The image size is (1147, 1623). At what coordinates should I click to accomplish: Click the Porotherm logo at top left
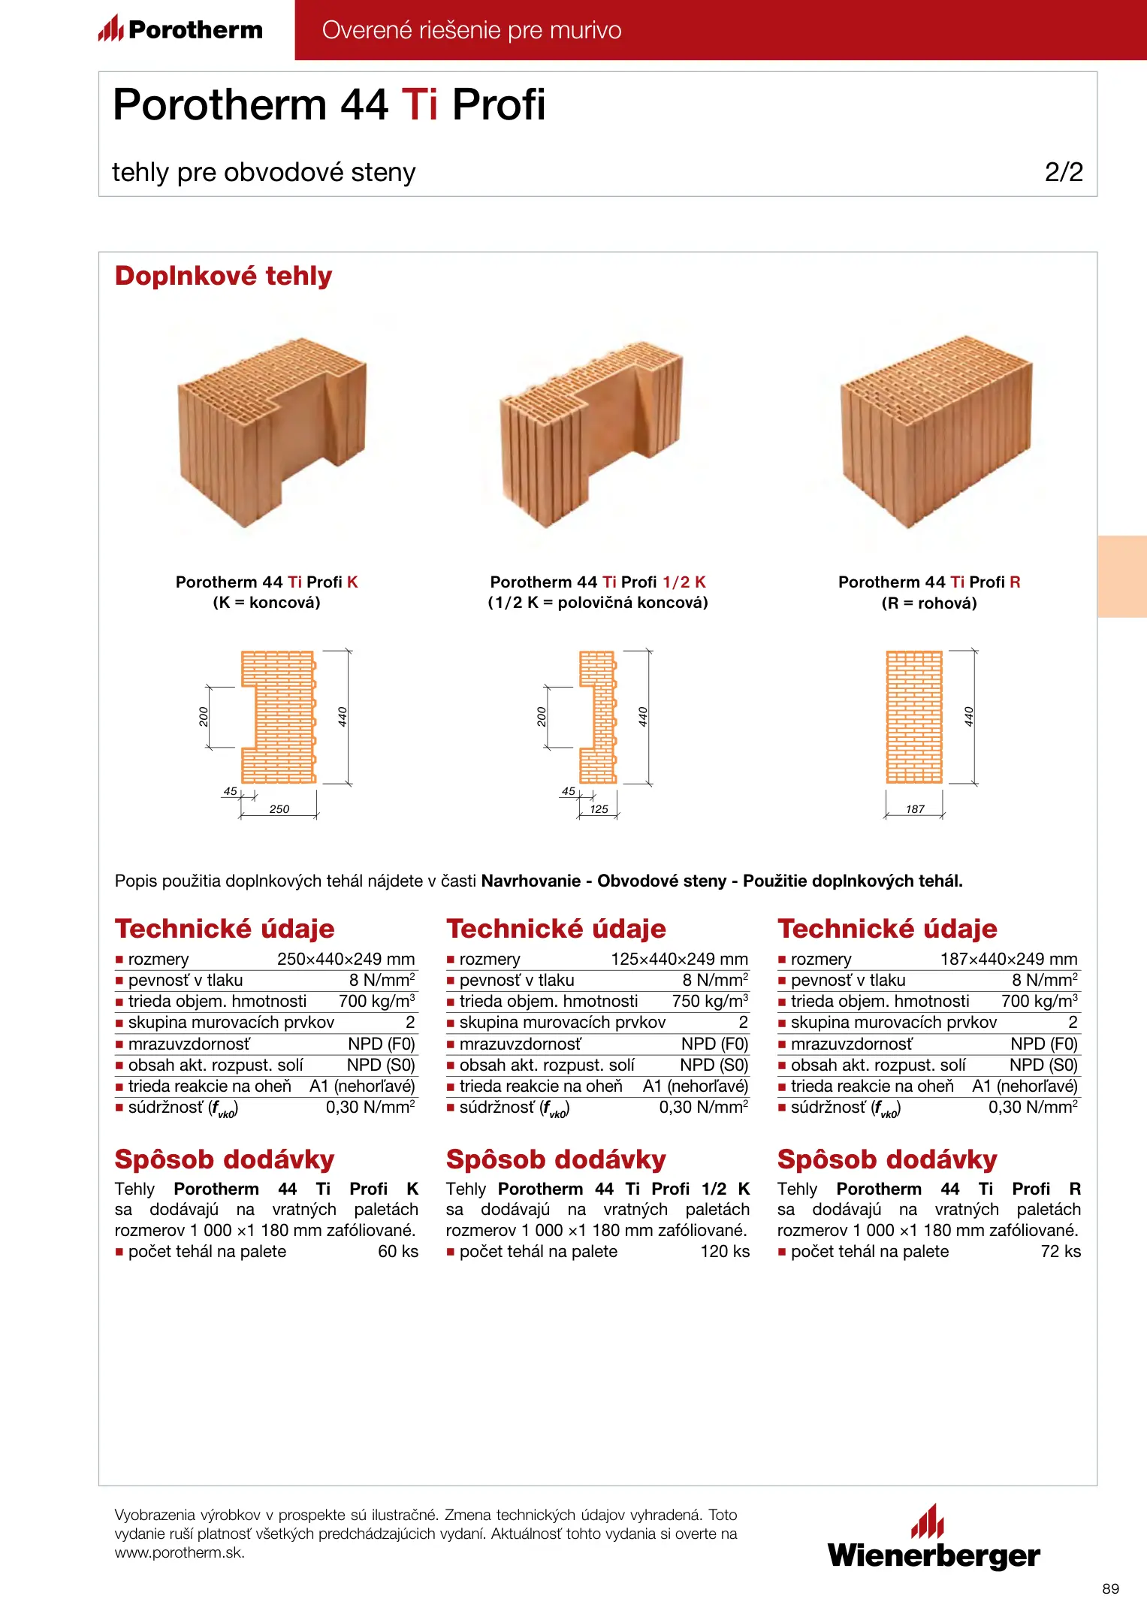pyautogui.click(x=180, y=29)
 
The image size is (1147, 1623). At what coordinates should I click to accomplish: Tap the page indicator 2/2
pyautogui.click(x=1064, y=172)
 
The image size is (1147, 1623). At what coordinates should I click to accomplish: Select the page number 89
pyautogui.click(x=1110, y=1588)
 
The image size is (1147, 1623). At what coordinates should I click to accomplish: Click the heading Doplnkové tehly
pyautogui.click(x=223, y=276)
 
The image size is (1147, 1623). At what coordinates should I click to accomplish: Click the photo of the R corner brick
pyautogui.click(x=936, y=432)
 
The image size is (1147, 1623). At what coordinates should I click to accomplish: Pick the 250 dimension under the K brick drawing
pyautogui.click(x=279, y=809)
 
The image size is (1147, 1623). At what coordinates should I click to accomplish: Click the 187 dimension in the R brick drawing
pyautogui.click(x=915, y=809)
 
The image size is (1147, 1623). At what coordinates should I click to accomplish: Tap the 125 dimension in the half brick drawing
pyautogui.click(x=599, y=809)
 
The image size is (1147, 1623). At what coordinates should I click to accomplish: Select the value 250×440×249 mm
pyautogui.click(x=346, y=960)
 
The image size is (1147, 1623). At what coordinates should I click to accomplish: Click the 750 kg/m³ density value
pyautogui.click(x=710, y=1002)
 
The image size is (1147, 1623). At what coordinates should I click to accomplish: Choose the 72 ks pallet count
pyautogui.click(x=1061, y=1252)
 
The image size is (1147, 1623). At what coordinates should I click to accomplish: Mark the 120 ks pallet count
pyautogui.click(x=725, y=1252)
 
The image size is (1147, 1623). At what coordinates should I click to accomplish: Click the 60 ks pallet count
pyautogui.click(x=398, y=1252)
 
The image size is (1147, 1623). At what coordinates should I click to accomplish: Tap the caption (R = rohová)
pyautogui.click(x=929, y=603)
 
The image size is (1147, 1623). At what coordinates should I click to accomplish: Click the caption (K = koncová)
pyautogui.click(x=267, y=603)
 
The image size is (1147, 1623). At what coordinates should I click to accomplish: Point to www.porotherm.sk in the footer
pyautogui.click(x=180, y=1553)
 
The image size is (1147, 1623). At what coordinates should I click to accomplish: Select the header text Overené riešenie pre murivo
pyautogui.click(x=472, y=30)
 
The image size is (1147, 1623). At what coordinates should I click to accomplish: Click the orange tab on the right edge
pyautogui.click(x=1122, y=576)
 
